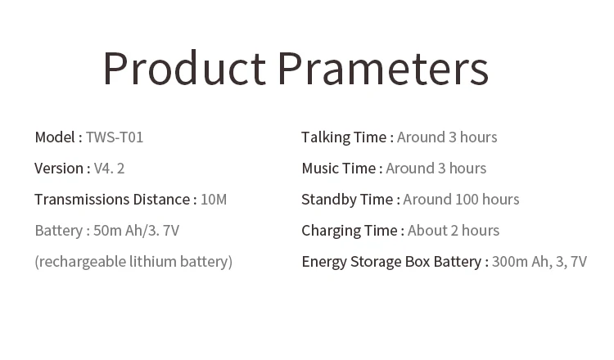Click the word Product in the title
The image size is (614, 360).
[x=185, y=68]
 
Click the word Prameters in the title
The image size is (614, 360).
[x=383, y=68]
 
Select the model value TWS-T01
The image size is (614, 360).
[x=115, y=137]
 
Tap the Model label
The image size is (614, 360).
[x=55, y=137]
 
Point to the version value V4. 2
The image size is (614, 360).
[x=109, y=169]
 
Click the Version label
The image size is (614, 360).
[x=59, y=169]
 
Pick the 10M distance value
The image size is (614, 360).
[x=214, y=200]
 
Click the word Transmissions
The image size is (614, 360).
[x=82, y=200]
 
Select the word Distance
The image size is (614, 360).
[x=162, y=200]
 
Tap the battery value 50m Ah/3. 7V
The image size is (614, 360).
[x=136, y=231]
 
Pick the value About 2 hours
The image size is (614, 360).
[x=454, y=231]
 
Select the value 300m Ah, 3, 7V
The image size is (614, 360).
[x=540, y=262]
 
